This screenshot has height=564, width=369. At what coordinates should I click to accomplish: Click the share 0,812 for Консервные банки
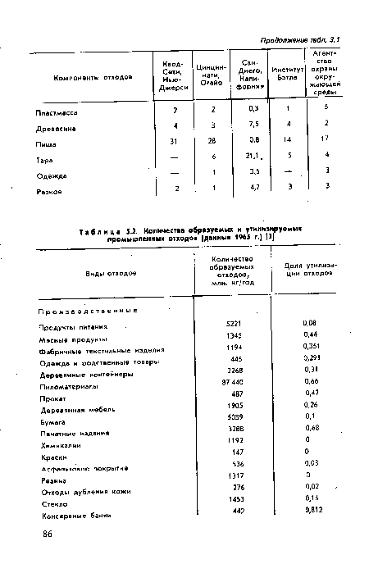310,509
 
